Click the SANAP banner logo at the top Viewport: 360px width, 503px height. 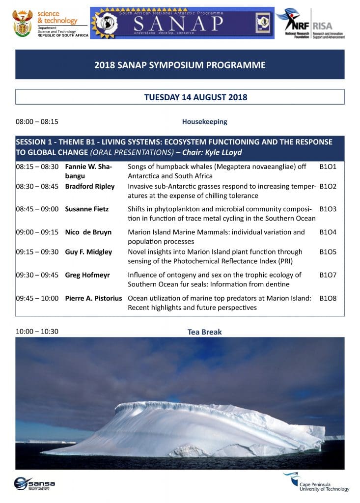(182, 23)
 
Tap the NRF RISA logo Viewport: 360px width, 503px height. (310, 23)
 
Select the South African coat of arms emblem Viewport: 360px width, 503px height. (23, 24)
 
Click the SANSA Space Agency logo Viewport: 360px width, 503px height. (34, 483)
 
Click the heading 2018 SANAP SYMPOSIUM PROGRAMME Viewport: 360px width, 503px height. (180, 65)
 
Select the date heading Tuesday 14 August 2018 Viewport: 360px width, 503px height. (195, 97)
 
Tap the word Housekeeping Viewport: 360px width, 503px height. (204, 121)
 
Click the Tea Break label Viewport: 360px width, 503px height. (204, 332)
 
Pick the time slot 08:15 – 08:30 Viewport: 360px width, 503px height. (37, 167)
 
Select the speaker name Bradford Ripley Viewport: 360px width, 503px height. (90, 187)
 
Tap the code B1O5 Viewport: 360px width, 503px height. (328, 252)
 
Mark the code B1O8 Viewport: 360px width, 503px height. (328, 298)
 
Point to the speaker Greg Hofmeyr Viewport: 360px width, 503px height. (87, 275)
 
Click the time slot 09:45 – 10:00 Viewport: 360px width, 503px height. (37, 298)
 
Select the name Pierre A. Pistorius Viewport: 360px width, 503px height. (94, 298)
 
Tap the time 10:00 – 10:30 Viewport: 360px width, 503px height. (37, 332)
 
